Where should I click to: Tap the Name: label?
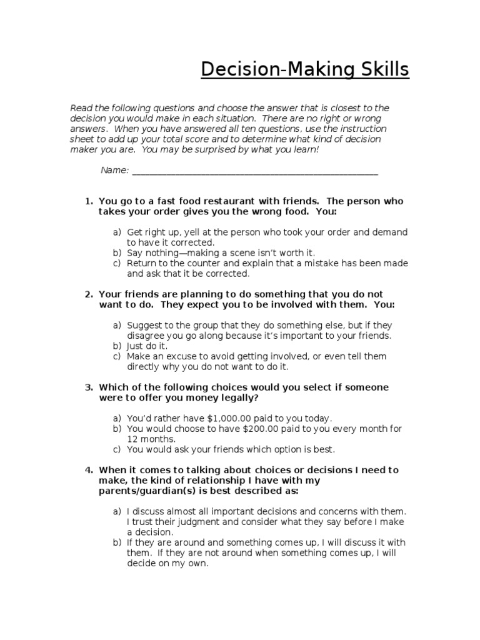115,171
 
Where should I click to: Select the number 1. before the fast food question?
89,201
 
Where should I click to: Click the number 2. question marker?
89,294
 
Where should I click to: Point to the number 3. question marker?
89,387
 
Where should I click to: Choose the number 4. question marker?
89,470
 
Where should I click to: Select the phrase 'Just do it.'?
147,346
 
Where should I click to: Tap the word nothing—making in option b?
177,252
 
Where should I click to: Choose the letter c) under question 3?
117,449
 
